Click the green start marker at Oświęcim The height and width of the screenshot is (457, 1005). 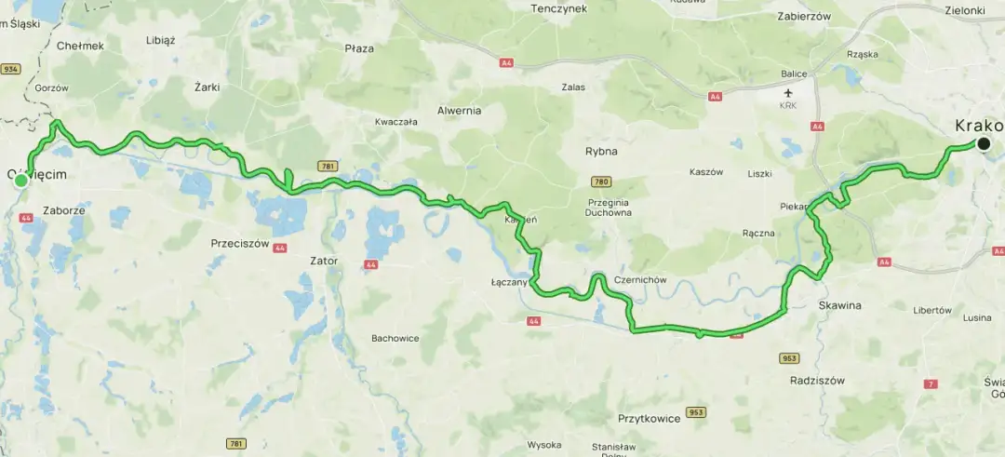pos(20,181)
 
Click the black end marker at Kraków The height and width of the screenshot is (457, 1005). pos(983,143)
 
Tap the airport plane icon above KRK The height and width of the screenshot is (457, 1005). pos(789,93)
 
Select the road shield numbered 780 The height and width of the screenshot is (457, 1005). pos(600,181)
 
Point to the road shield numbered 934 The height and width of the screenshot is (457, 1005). pos(11,69)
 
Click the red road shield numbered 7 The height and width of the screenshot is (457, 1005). pos(931,383)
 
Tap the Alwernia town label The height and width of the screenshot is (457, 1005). pos(459,110)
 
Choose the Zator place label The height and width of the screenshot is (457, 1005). pos(323,262)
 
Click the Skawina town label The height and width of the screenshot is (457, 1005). pos(839,305)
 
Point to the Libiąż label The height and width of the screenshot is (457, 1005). pos(160,40)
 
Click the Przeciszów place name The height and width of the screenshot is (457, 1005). pos(239,243)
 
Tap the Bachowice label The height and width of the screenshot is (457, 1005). pos(395,337)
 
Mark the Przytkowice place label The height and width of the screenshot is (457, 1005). pos(649,418)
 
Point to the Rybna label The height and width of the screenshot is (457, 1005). pos(601,151)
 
